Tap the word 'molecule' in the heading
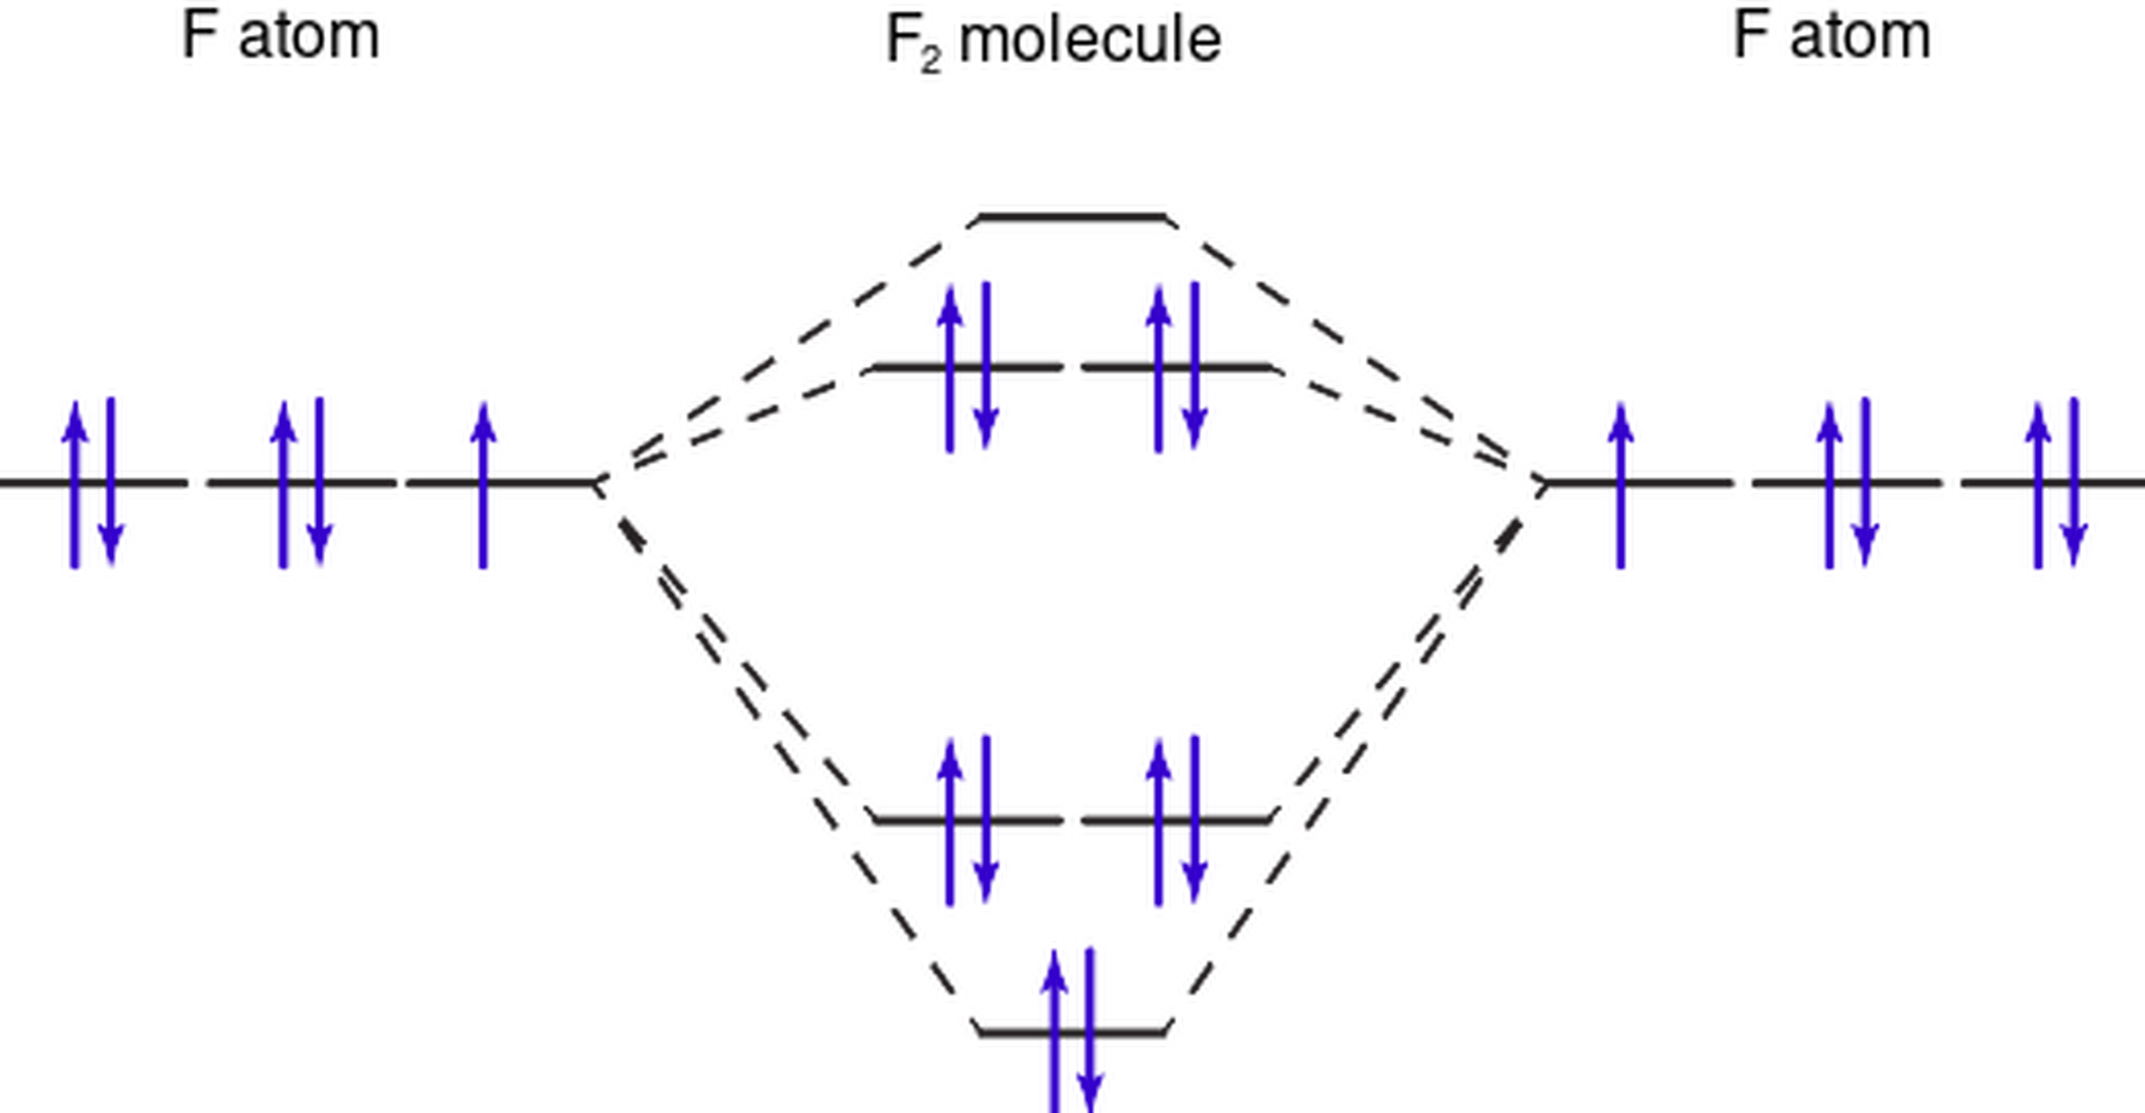tap(1089, 39)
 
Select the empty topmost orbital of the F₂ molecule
tap(1072, 218)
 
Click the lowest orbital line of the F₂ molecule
tap(1072, 1033)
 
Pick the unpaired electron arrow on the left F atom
tap(483, 486)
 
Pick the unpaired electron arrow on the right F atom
tap(1620, 486)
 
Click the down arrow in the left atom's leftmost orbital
tap(111, 482)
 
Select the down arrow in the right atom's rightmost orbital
tap(2075, 482)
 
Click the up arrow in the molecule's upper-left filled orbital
tap(949, 369)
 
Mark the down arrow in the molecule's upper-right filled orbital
tap(1195, 366)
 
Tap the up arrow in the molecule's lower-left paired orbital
tap(949, 822)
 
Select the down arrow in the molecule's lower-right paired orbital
tap(1195, 819)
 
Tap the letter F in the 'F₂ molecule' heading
tap(902, 39)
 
